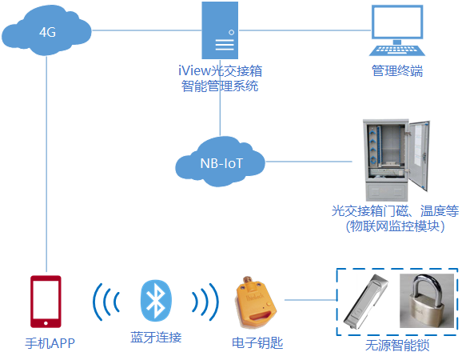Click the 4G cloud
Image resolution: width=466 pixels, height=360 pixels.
pos(46,31)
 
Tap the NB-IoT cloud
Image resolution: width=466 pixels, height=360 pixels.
pos(220,162)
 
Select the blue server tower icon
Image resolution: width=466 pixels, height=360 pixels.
pos(220,30)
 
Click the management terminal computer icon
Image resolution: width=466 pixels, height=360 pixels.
pos(397,30)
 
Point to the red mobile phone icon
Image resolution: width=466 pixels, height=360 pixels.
pos(46,302)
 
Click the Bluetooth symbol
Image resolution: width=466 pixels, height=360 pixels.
pos(156,301)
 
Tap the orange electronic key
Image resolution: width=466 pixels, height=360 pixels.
pos(257,302)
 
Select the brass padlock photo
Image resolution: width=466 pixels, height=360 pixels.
pos(427,301)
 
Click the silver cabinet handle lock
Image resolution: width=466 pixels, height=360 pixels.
pos(365,302)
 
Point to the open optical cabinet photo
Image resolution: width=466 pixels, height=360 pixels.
pos(396,161)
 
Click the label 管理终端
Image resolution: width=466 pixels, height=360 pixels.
pos(397,71)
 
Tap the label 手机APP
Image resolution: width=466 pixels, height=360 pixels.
pos(50,343)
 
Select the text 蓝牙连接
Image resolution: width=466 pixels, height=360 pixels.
pos(156,337)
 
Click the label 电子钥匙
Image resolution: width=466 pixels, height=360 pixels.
pos(257,343)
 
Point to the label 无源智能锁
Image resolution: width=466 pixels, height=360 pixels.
pos(397,346)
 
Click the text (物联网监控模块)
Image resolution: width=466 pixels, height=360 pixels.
pos(396,226)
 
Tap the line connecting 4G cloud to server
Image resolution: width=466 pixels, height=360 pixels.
pos(147,30)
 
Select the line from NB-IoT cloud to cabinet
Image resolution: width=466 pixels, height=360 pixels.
pos(309,162)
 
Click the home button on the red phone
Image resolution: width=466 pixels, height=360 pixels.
pos(46,323)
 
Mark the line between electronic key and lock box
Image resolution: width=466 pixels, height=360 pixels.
pos(311,300)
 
